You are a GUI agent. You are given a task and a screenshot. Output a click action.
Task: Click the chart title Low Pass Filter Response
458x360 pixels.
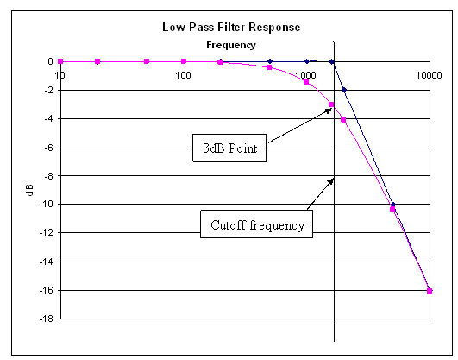231,28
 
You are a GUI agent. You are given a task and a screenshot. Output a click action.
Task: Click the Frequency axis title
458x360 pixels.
231,45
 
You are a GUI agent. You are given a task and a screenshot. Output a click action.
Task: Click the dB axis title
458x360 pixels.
30,190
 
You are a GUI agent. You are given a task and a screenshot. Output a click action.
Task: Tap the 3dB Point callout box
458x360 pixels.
229,148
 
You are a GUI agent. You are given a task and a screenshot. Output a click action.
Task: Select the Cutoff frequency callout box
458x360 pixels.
256,224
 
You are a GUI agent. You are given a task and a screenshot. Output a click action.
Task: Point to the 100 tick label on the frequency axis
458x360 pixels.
183,75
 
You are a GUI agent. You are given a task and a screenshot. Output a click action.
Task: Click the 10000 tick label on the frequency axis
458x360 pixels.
429,75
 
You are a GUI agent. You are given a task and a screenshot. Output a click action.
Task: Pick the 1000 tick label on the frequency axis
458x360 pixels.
306,75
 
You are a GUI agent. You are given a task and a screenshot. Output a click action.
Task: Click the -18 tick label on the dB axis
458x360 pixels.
47,319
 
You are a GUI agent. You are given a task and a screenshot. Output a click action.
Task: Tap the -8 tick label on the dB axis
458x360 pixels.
49,176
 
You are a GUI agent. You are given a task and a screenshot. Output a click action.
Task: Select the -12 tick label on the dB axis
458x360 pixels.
47,233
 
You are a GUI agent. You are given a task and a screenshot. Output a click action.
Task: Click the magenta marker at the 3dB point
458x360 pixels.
331,104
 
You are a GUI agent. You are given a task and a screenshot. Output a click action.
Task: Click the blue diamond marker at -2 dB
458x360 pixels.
344,90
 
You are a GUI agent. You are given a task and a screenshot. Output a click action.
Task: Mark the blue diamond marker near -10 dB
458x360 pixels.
393,205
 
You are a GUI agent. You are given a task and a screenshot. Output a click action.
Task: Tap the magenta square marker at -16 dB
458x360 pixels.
430,291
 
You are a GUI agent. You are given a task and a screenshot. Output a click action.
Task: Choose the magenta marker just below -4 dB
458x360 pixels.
343,120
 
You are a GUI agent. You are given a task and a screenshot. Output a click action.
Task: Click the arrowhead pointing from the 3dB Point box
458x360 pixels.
329,110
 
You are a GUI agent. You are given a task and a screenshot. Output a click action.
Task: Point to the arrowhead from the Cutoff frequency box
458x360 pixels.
331,181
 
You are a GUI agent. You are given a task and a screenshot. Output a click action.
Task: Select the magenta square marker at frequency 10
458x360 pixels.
60,61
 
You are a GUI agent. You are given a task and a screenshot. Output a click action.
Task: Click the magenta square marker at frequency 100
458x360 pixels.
184,61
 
